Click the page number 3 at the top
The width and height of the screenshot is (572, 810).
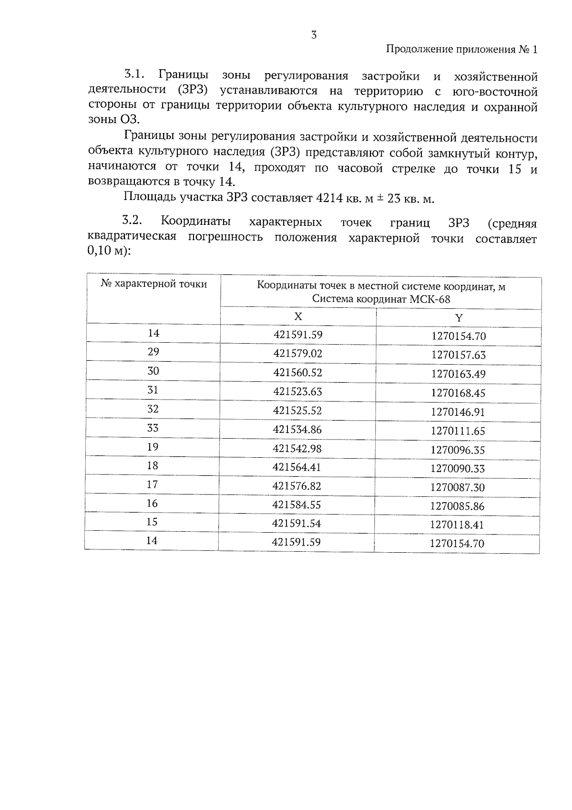point(314,35)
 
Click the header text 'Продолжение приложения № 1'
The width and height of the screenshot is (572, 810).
point(461,50)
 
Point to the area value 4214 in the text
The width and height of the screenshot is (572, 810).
point(329,199)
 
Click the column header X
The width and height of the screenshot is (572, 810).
point(298,316)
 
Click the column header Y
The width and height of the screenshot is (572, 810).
point(459,318)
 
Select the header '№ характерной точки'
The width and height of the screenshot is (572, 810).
point(154,284)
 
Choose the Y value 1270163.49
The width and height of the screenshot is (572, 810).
point(458,374)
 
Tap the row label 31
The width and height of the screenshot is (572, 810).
point(153,390)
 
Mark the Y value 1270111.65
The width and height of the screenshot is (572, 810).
point(458,431)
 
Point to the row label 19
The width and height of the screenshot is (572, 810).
point(153,447)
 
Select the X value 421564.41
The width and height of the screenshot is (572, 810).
point(297,467)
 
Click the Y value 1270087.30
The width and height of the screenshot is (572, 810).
point(457,487)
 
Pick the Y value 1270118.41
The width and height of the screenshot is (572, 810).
point(457,525)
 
